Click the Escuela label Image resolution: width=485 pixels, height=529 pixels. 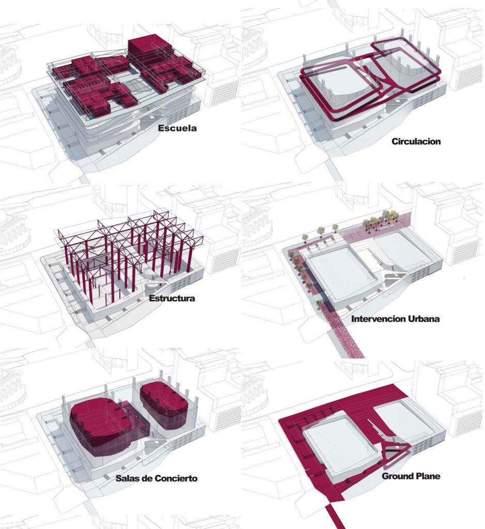[x=177, y=128]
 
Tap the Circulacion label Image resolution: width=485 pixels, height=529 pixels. [x=416, y=141]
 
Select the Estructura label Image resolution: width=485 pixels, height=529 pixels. [x=172, y=298]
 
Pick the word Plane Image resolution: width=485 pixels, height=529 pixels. [x=428, y=476]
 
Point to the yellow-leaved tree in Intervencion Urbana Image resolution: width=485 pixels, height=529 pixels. [x=393, y=215]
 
